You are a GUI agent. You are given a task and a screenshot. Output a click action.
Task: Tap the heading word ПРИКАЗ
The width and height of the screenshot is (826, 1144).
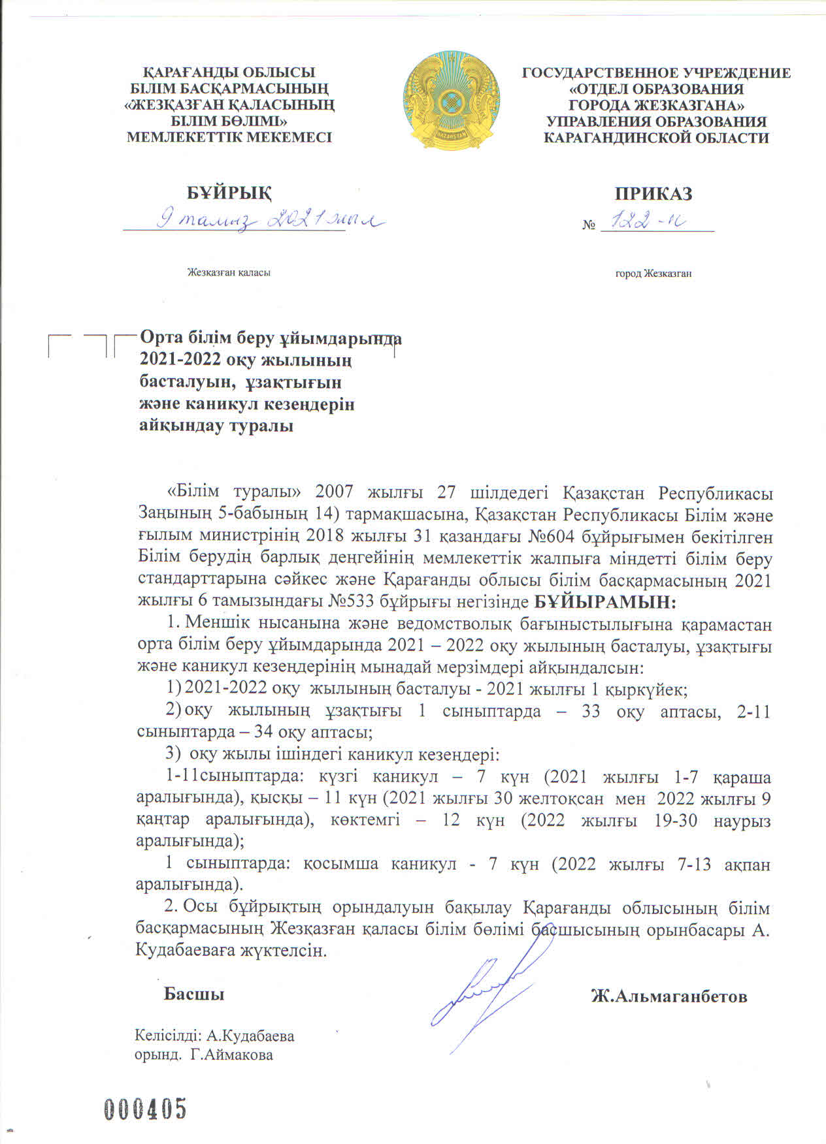653,194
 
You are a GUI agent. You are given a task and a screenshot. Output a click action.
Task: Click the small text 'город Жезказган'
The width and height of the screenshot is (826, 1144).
653,274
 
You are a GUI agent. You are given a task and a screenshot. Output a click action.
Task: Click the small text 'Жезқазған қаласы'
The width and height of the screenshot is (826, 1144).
229,272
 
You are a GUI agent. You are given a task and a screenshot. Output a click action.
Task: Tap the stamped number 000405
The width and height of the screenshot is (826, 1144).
146,1108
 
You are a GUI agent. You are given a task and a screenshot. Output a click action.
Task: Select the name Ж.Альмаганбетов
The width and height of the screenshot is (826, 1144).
669,996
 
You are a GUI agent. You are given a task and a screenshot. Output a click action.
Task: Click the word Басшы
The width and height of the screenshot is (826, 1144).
193,994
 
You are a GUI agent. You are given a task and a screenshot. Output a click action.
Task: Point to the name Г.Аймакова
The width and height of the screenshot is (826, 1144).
232,1055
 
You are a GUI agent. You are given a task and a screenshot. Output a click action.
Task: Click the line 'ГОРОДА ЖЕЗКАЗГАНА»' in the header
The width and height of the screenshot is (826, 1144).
656,105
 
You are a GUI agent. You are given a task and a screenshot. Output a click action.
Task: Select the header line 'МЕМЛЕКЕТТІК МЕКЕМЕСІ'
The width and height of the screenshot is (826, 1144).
229,137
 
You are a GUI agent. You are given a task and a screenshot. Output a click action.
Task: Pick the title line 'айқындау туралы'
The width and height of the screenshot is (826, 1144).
216,426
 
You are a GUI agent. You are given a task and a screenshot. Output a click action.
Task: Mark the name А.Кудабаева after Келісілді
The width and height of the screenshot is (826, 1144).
250,1036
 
